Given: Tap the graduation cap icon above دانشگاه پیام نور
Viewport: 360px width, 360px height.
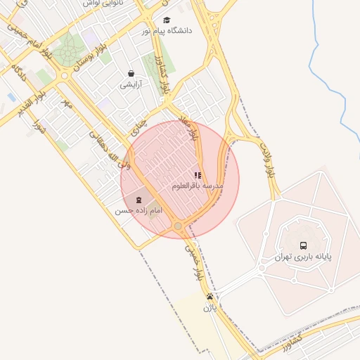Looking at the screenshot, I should point(167,20).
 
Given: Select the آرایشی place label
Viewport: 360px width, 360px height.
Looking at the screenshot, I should point(130,84).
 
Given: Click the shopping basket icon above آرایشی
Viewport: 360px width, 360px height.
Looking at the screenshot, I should point(131,73).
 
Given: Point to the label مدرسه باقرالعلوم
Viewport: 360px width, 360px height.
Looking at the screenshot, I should point(198,186).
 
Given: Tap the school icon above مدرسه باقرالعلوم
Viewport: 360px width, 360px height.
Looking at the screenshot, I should point(198,175).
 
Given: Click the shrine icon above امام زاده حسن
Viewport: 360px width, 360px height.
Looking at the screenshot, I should point(138,200).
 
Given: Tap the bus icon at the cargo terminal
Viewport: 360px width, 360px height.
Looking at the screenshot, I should point(303,245).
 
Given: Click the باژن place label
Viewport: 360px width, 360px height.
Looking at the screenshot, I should point(210,307).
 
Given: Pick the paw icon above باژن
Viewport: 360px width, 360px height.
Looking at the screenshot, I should point(210,296).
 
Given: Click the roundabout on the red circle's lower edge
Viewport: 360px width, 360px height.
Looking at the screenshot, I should point(178,226).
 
